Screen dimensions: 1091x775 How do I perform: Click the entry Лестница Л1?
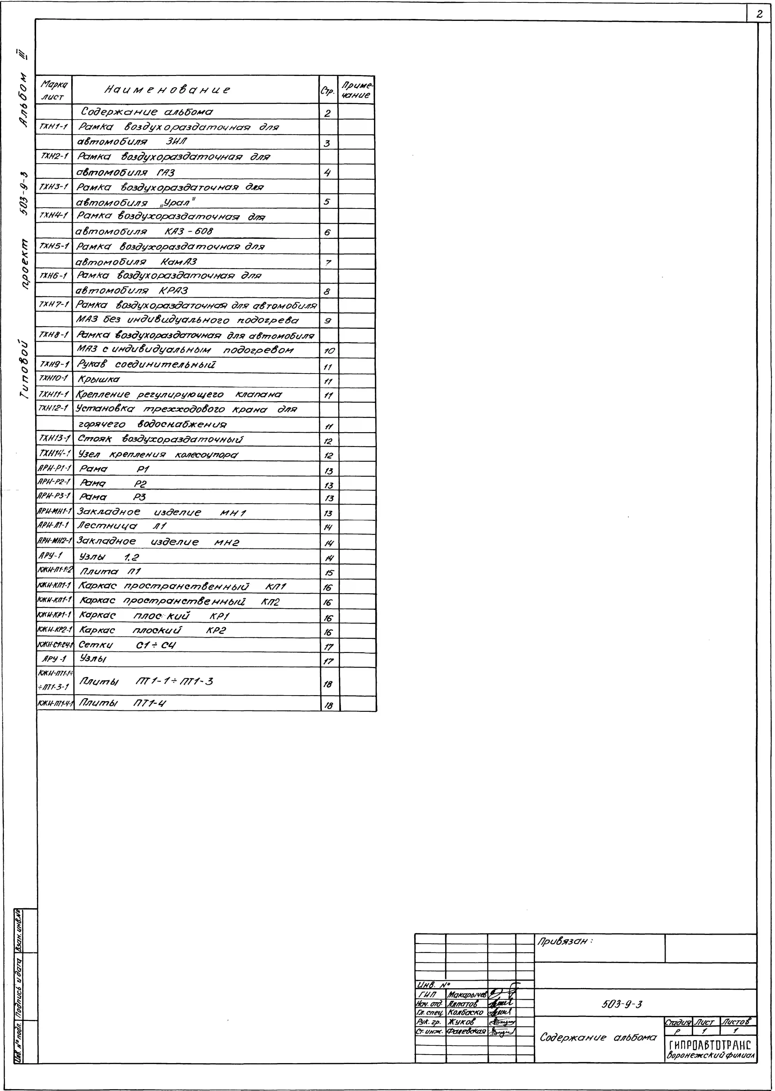point(122,526)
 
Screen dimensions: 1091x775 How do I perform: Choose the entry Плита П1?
point(110,571)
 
